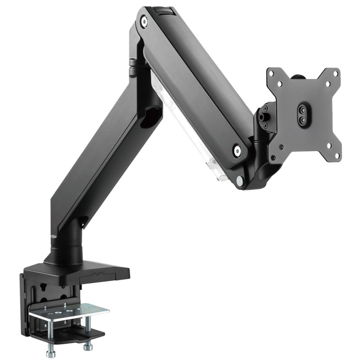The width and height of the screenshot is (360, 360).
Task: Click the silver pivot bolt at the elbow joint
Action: (x=143, y=21)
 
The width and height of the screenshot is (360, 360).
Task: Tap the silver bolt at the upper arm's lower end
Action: (x=235, y=152)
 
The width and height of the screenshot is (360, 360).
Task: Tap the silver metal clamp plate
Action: (x=67, y=310)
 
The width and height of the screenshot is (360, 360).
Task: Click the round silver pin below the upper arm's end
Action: (x=238, y=180)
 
